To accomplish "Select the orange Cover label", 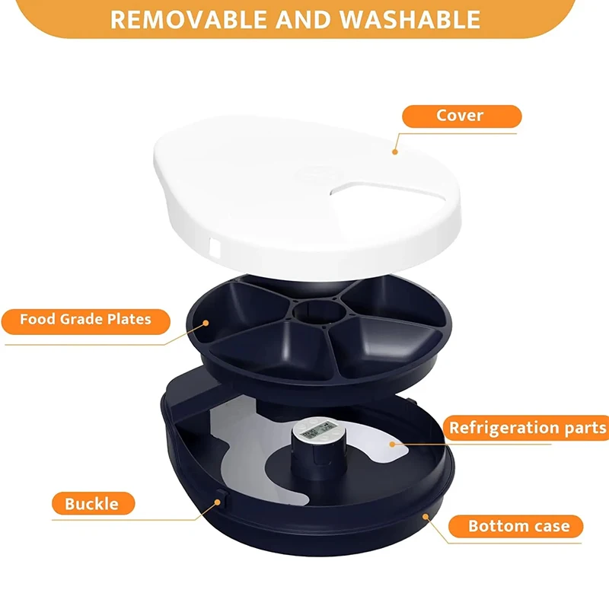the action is pos(461,116).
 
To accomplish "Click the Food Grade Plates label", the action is pos(85,320).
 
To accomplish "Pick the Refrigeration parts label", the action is pos(527,428).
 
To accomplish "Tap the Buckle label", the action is pos(93,503).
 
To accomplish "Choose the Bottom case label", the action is pos(516,526).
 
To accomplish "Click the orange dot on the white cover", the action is pos(395,151).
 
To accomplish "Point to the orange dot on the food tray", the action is pos(206,323).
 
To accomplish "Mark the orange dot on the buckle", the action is pos(218,502).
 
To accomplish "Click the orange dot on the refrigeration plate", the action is pos(392,444).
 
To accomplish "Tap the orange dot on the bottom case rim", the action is pos(426,516).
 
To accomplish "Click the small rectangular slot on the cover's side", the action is pos(215,248).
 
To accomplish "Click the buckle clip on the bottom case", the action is pos(222,499).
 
